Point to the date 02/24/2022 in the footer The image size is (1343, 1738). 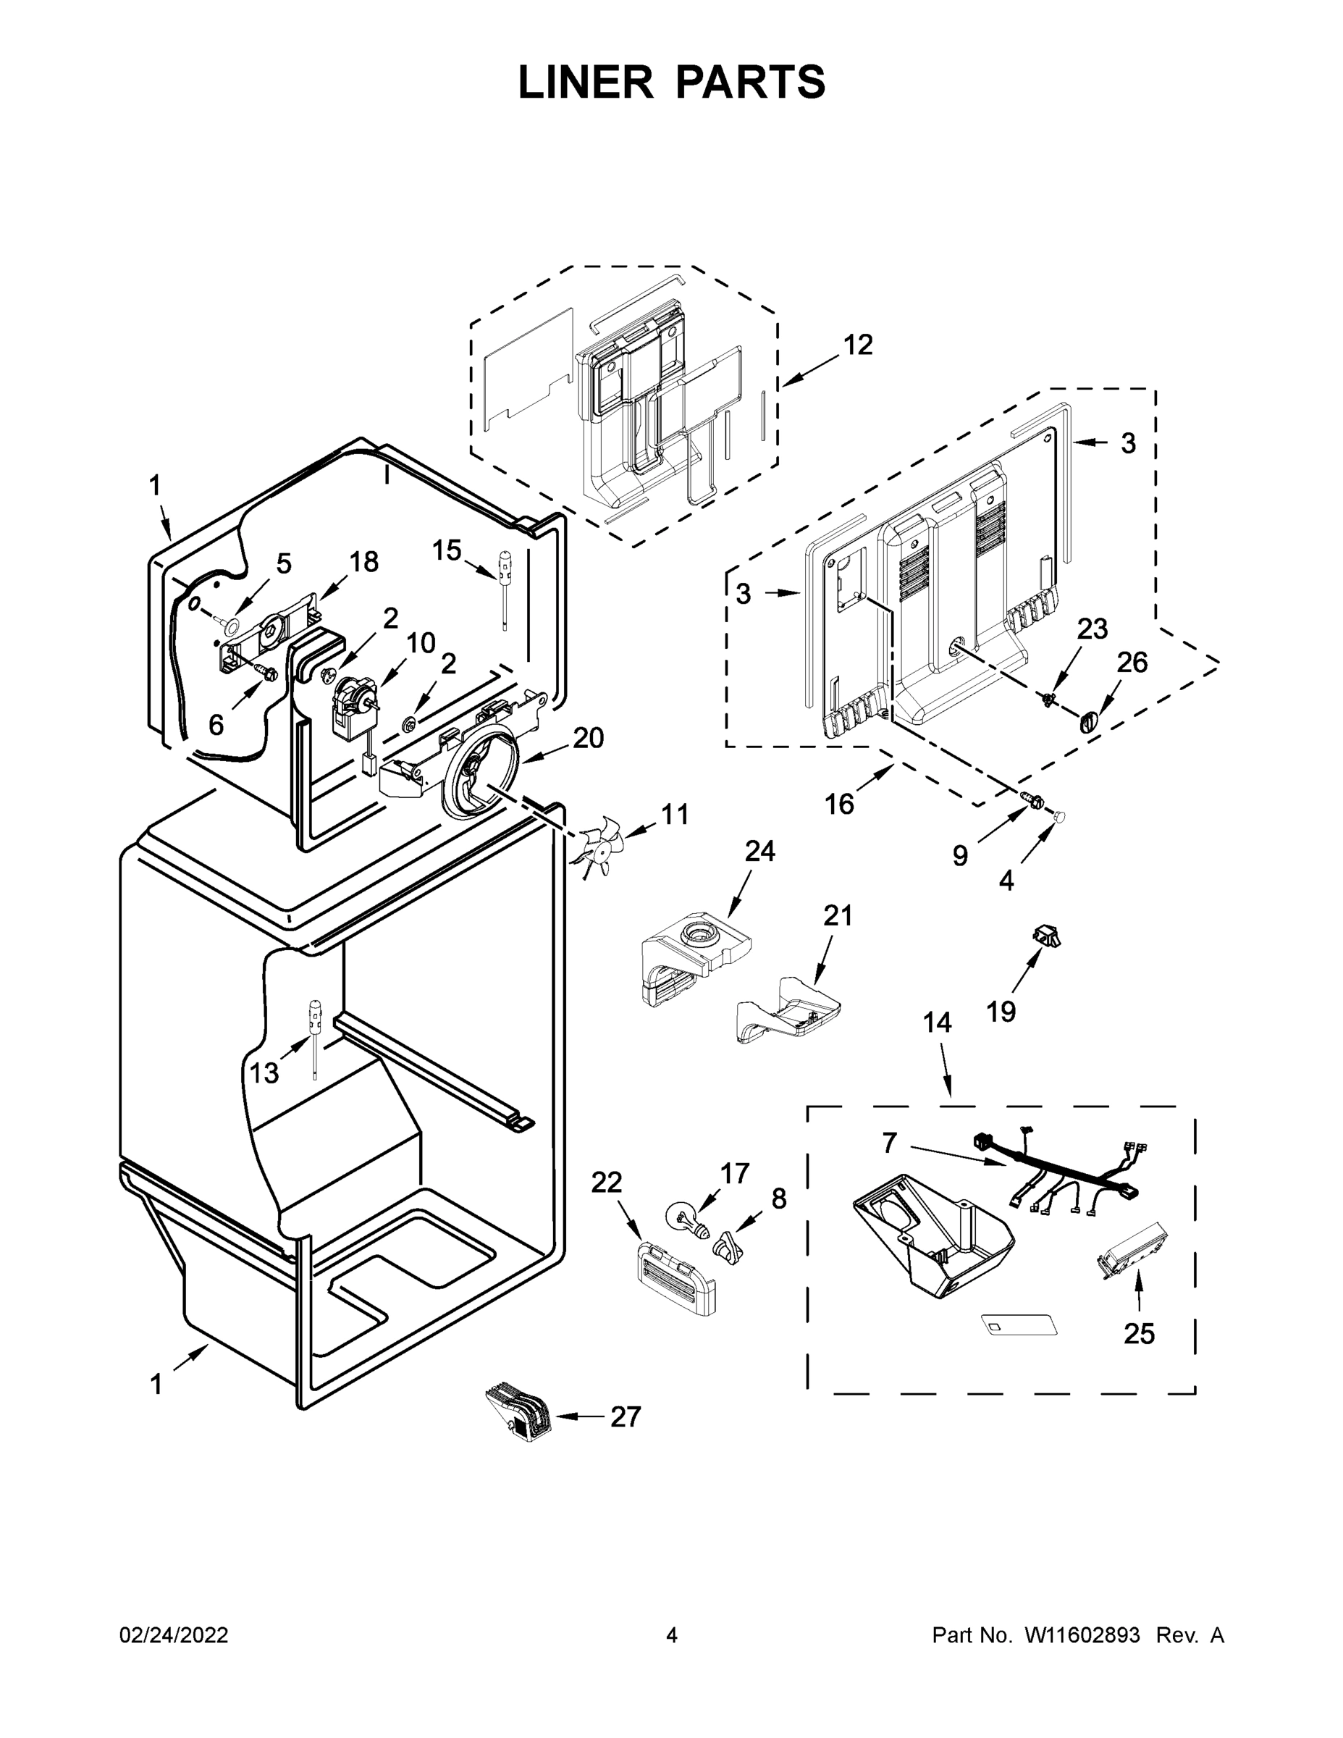click(x=174, y=1635)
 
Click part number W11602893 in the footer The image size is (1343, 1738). click(x=1082, y=1635)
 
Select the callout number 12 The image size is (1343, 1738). click(x=858, y=345)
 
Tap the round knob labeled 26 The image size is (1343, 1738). click(x=1088, y=722)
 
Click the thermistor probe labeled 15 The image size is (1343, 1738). click(x=505, y=585)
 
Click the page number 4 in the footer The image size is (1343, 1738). click(x=672, y=1635)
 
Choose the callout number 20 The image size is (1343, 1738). click(x=588, y=739)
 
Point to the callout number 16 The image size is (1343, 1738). click(x=839, y=804)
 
